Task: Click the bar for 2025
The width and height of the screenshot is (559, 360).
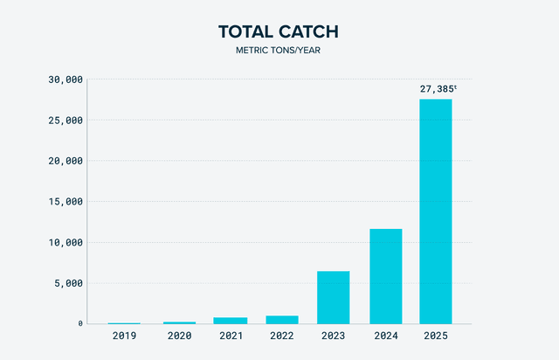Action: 436,211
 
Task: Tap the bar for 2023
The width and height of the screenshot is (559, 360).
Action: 333,297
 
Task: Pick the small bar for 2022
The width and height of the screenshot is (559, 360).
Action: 281,320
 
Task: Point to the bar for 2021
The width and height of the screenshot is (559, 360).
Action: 230,321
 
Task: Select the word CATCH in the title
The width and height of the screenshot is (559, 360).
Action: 308,32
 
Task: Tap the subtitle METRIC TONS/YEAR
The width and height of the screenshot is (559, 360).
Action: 279,51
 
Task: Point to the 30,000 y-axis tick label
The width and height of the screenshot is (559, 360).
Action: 64,80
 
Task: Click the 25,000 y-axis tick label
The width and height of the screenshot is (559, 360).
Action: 64,121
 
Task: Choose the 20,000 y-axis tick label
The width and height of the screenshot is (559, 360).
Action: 64,161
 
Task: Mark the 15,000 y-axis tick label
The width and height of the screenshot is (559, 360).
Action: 64,202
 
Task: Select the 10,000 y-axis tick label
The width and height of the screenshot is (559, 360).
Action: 64,242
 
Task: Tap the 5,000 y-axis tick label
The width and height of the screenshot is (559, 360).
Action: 67,283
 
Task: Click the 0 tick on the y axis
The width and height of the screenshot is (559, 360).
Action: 79,324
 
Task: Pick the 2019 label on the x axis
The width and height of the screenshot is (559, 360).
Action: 126,336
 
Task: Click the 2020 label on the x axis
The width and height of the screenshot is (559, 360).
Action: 178,336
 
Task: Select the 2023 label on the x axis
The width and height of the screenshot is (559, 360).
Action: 333,336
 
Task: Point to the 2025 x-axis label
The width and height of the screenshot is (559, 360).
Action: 436,336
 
